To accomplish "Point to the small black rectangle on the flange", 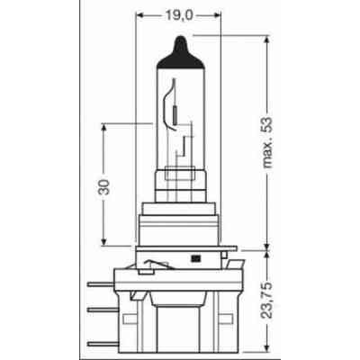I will tap(194, 261).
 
